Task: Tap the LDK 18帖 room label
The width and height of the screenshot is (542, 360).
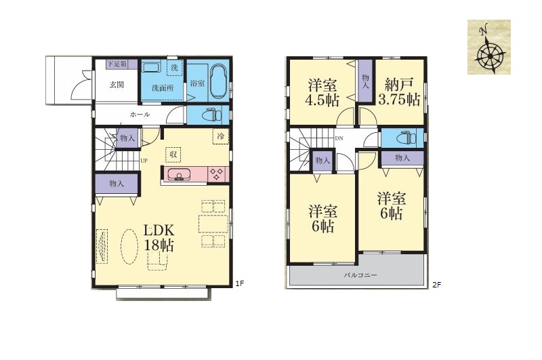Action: [x=159, y=237]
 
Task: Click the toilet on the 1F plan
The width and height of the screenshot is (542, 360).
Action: [x=211, y=114]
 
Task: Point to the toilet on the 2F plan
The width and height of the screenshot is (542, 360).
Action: [x=406, y=138]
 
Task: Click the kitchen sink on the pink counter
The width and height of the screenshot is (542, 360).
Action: [x=179, y=175]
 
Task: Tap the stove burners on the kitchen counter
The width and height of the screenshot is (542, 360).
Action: [x=217, y=174]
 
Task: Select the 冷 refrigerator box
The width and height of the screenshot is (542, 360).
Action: [x=221, y=136]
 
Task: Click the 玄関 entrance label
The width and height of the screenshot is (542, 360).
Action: [x=117, y=84]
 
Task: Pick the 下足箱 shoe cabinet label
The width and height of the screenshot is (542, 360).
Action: [x=117, y=64]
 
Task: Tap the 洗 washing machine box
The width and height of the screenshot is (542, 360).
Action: [x=175, y=68]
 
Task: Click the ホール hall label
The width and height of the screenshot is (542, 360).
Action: [x=140, y=114]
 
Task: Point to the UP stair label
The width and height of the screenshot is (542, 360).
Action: [x=144, y=161]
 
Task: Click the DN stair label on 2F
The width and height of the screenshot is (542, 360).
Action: [x=339, y=139]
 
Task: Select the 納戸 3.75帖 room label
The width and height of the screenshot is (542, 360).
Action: [x=399, y=92]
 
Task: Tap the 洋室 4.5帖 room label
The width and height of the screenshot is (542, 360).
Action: [x=322, y=92]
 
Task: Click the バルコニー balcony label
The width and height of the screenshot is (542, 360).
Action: [x=360, y=276]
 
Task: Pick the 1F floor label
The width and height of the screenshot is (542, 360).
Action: [x=240, y=283]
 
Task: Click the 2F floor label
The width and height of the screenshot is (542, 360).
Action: [x=436, y=285]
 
